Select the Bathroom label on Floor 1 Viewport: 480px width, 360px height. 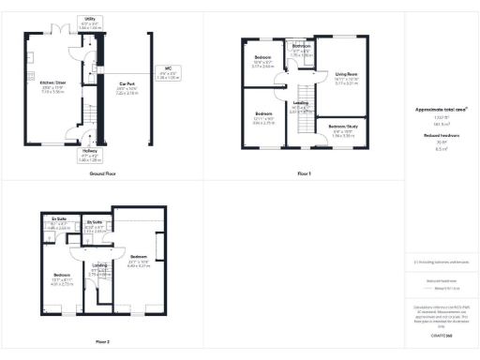[x=301, y=49]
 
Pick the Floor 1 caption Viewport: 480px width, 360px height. [x=303, y=174]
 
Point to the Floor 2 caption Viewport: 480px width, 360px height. [x=101, y=341]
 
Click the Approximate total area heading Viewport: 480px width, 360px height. [x=441, y=110]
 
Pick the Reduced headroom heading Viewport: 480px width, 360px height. [x=441, y=137]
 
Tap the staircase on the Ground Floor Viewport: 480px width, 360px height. [x=90, y=112]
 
